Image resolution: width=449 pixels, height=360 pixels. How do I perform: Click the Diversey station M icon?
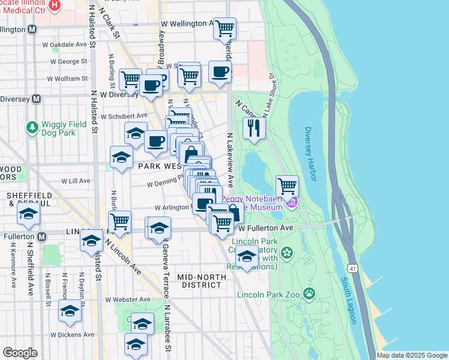37,99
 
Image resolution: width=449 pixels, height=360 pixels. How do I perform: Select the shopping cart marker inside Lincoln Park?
288,186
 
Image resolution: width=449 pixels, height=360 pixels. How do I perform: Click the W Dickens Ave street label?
73,335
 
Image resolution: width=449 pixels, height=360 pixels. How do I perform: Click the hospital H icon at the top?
55,5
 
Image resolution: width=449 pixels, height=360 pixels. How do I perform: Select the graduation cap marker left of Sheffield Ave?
28,215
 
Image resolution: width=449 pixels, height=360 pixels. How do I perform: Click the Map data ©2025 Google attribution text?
411,355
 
